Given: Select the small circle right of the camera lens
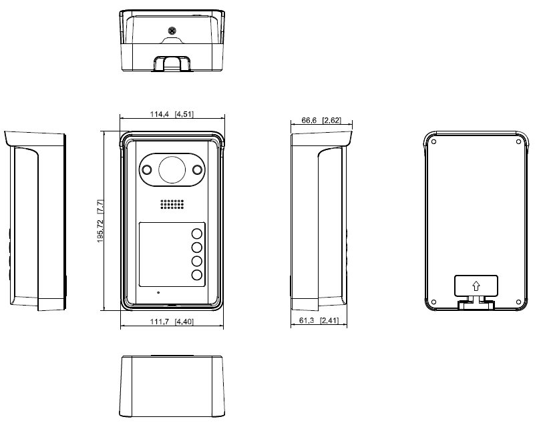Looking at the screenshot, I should click(197, 169).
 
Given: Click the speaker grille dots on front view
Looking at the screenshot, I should click(172, 205).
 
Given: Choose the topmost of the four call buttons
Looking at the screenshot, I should click(197, 234).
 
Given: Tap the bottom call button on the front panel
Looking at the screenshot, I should click(197, 275).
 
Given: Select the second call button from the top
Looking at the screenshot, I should click(197, 248).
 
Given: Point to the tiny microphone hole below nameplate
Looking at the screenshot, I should click(158, 292).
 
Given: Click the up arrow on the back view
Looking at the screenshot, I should click(475, 286).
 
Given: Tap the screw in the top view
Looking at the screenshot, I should click(172, 30).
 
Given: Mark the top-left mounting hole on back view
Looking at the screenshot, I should click(434, 141).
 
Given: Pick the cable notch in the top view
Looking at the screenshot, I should click(172, 63).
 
